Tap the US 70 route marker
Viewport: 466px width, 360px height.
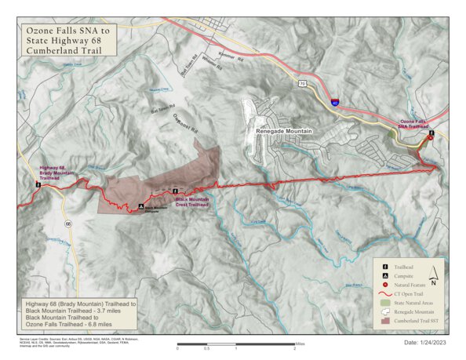coord(302,82)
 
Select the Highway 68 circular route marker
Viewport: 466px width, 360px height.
coord(68,224)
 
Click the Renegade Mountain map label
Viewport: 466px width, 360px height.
coord(284,132)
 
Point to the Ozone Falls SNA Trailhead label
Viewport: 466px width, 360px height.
coord(417,125)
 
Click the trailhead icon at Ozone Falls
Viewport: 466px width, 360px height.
coord(431,136)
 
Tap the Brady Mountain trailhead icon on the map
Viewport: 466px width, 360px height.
coord(37,186)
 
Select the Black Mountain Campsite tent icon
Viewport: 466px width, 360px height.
coord(140,208)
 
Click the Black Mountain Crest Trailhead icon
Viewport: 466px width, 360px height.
coord(174,191)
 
